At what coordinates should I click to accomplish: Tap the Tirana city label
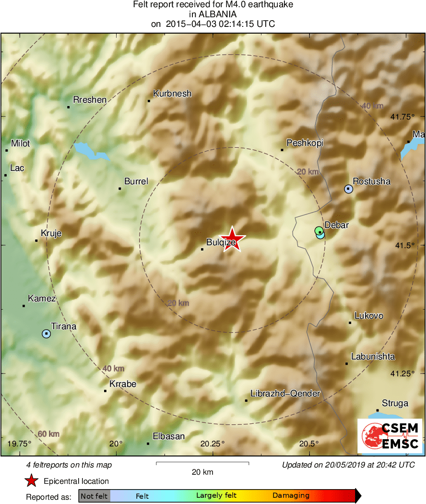point(63,326)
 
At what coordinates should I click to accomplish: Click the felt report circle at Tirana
point(46,333)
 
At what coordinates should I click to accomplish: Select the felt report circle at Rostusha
point(349,189)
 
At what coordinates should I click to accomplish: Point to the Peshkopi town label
point(305,143)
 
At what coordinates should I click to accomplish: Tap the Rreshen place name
point(89,100)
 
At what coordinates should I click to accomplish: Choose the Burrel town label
point(136,181)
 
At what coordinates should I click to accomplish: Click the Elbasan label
point(168,436)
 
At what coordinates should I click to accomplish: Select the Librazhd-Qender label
point(285,394)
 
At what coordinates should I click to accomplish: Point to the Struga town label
point(395,403)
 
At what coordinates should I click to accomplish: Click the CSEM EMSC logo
point(390,436)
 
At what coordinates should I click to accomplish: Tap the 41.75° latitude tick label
point(402,117)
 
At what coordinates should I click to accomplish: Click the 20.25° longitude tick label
point(213,444)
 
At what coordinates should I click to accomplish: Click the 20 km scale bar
point(202,463)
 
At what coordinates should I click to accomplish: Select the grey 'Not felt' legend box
point(94,496)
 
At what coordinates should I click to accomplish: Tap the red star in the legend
point(32,480)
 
